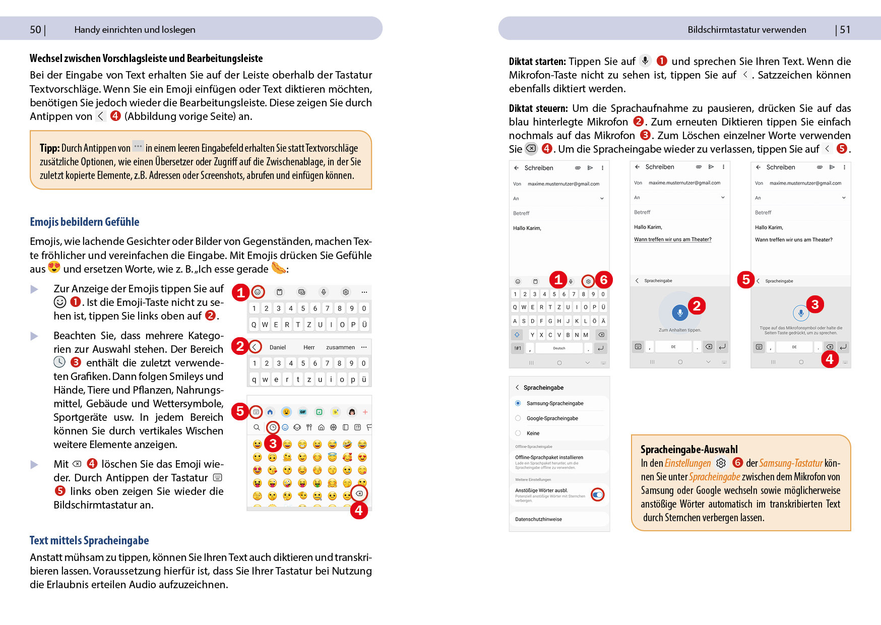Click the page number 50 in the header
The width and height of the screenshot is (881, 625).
pos(35,30)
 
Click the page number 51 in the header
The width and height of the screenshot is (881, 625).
pos(845,30)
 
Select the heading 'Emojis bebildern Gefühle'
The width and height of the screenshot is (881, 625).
pos(84,222)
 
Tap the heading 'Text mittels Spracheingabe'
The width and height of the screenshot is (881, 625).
pos(89,541)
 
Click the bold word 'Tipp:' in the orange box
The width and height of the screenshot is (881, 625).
pos(49,148)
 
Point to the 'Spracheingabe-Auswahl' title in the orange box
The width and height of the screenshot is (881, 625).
pos(689,450)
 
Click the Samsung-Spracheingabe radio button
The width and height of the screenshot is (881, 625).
pos(518,403)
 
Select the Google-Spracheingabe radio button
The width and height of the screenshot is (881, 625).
pos(518,418)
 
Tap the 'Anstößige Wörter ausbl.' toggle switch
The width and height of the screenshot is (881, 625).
pos(597,495)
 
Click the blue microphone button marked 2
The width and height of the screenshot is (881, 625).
pos(680,312)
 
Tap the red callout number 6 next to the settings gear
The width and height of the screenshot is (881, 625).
pos(604,280)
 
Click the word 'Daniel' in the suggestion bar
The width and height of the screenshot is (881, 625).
pos(277,347)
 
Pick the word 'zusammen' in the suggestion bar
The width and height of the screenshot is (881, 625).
pos(340,347)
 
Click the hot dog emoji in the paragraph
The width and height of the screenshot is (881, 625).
pos(279,268)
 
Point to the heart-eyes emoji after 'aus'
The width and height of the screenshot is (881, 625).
pos(54,267)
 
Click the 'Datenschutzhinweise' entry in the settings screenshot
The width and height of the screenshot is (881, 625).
pos(538,519)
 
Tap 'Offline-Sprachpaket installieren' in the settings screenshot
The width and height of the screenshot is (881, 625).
pos(549,458)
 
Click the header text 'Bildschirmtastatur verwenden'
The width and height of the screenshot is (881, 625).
pos(746,30)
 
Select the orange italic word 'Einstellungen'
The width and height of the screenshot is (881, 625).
pos(687,463)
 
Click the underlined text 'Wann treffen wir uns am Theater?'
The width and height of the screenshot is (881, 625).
pos(672,239)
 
